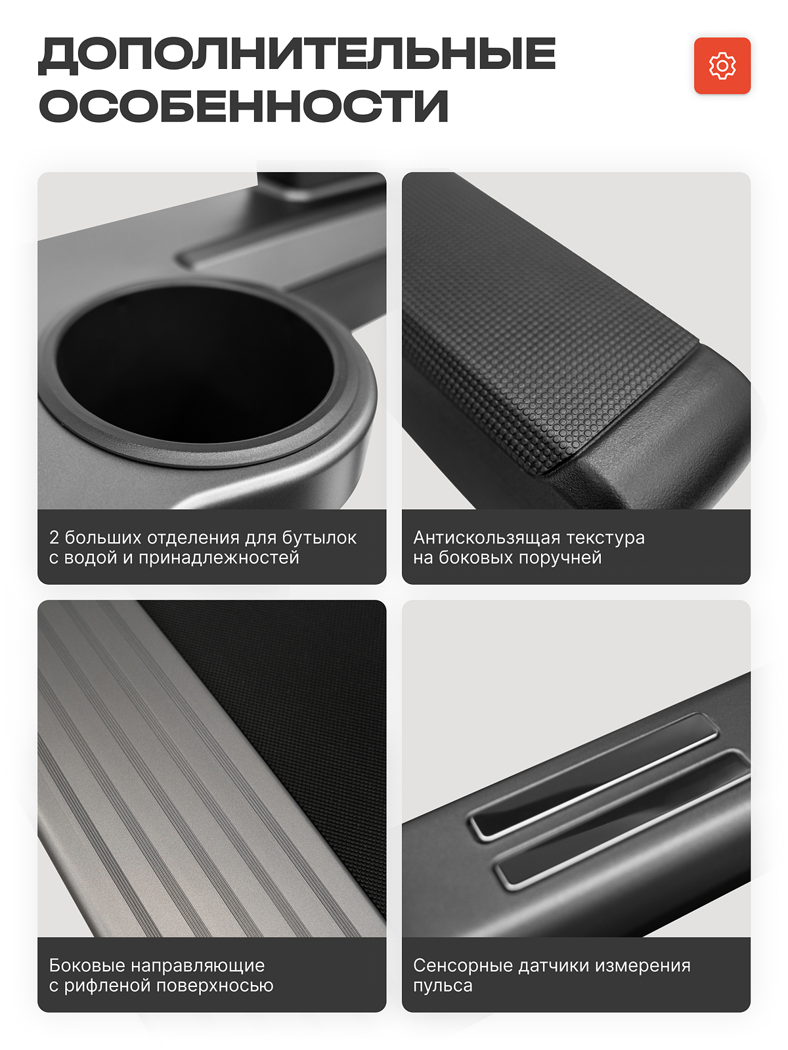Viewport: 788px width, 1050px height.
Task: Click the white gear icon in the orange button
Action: click(x=722, y=66)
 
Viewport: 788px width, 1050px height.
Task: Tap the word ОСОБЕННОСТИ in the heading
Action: click(x=244, y=105)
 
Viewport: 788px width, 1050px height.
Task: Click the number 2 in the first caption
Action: click(x=54, y=537)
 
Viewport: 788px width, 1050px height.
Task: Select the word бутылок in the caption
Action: click(x=319, y=537)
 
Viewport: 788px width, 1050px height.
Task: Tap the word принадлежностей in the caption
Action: click(x=219, y=558)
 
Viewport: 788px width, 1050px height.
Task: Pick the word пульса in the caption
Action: click(x=443, y=986)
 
